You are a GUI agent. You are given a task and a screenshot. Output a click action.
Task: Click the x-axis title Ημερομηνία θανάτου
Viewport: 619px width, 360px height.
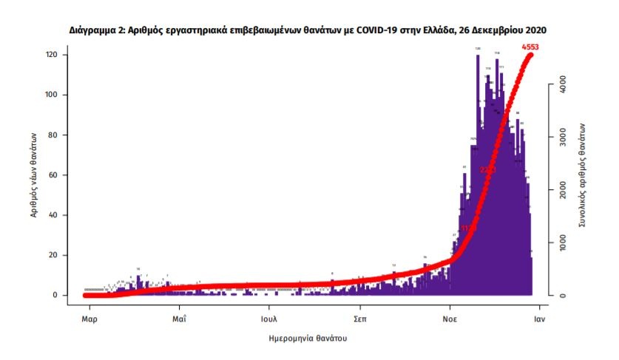point(308,339)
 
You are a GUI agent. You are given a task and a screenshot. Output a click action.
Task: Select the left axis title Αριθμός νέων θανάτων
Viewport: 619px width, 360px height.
point(34,175)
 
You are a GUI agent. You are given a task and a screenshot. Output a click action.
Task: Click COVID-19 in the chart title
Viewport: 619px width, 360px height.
point(376,31)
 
